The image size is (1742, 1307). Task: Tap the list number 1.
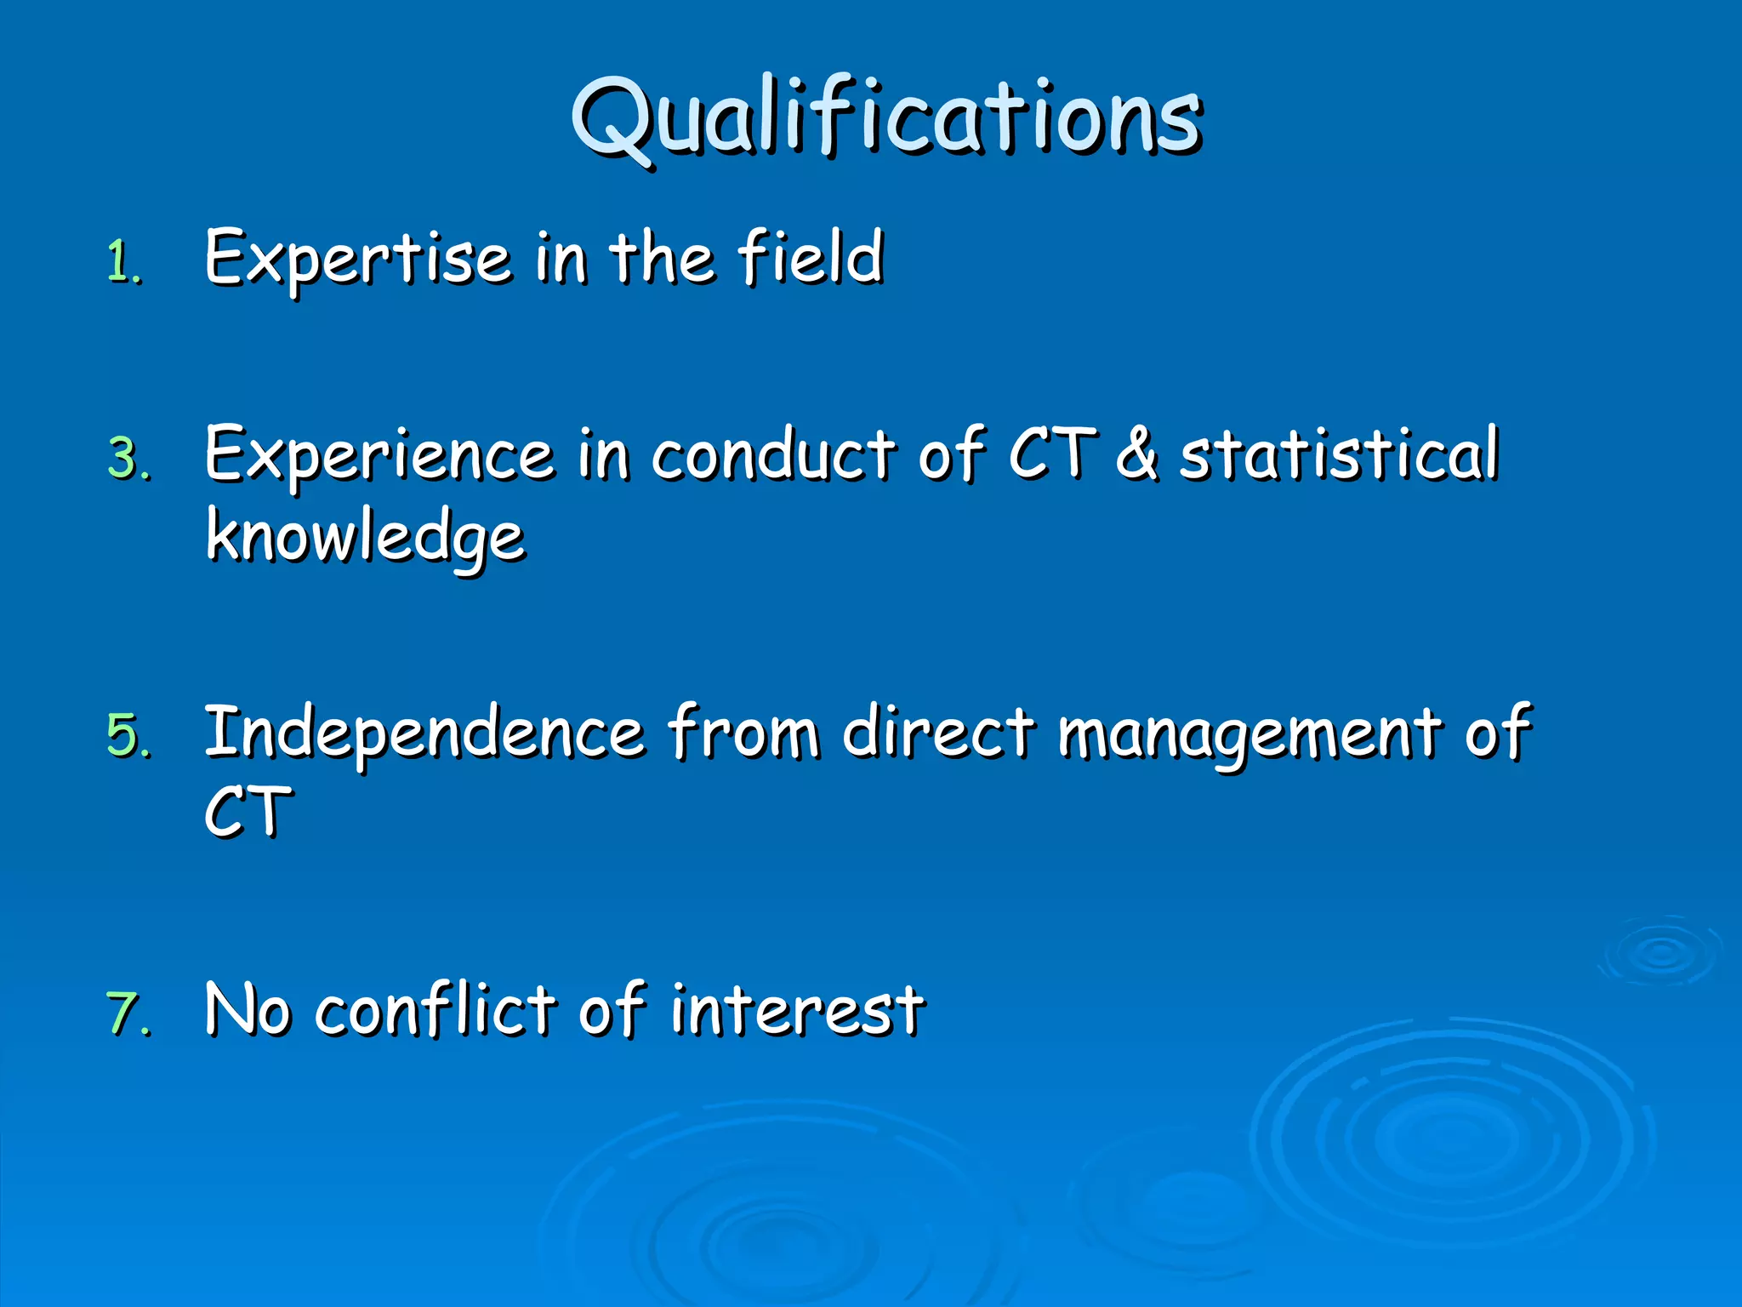124,262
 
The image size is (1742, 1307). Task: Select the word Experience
379,456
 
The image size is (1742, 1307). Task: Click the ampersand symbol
1136,454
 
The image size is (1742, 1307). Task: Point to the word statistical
1339,454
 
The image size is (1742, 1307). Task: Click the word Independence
424,733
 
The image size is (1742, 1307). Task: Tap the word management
1249,733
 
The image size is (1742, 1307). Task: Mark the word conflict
434,1011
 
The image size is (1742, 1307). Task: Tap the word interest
796,1011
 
